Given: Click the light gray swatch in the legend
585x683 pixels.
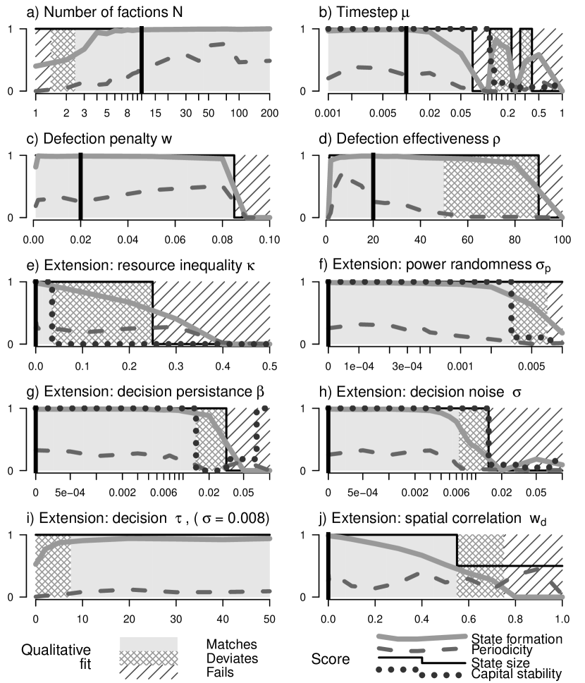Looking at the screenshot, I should pos(148,643).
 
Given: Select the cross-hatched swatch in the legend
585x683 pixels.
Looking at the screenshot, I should pos(148,658).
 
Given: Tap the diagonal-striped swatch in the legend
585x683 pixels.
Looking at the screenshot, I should pos(148,671).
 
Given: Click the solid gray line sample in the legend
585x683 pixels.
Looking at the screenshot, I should pos(421,637).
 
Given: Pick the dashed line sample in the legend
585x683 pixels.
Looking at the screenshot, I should pos(417,649).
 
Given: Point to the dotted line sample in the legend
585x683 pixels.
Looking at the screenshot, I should pos(419,670).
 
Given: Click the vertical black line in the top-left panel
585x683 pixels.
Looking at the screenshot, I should pos(142,60).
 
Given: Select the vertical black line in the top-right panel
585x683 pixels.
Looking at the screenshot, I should pos(406,60).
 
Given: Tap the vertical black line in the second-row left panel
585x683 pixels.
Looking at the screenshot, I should pos(80,186).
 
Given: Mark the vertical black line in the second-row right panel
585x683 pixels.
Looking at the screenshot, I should pos(374,186).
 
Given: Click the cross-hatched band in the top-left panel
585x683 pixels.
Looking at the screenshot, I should pos(62,60).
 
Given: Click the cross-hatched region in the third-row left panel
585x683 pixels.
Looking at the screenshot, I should pos(102,314).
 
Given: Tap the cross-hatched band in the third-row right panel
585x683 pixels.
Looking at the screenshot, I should pos(529,314).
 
